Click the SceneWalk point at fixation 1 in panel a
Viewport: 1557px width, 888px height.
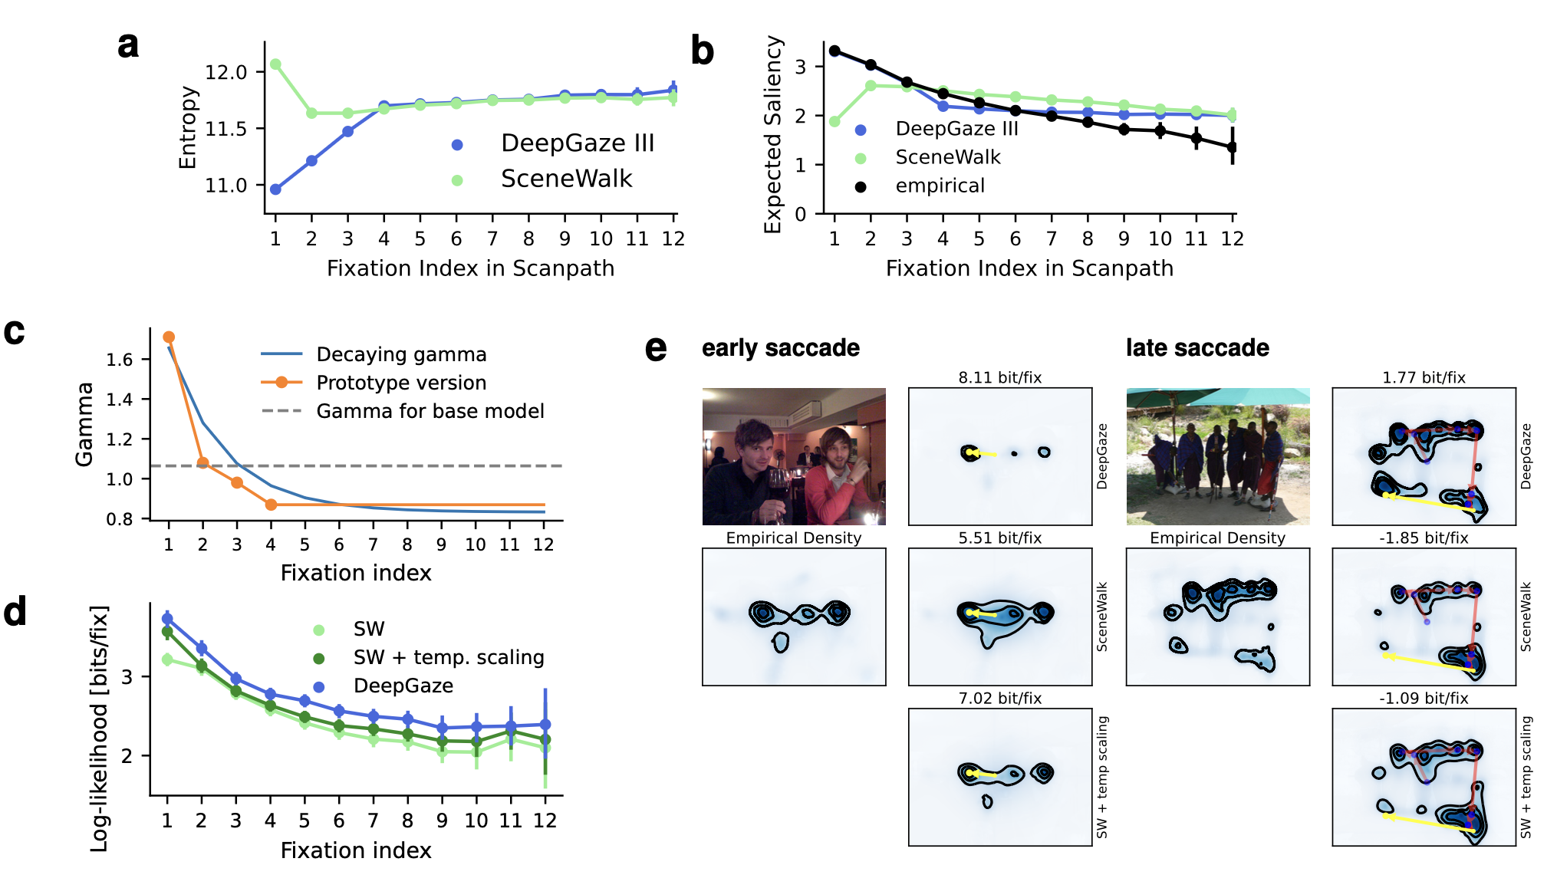pyautogui.click(x=275, y=64)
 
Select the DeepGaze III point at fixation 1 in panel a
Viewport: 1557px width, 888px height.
pyautogui.click(x=275, y=189)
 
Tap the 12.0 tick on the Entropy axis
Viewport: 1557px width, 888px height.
pyautogui.click(x=226, y=72)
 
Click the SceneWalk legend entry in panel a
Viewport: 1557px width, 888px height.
pyautogui.click(x=566, y=179)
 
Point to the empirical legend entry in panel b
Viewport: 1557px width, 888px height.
pyautogui.click(x=940, y=186)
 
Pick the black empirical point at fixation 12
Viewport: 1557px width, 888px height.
pyautogui.click(x=1232, y=147)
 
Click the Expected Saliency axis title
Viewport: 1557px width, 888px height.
pyautogui.click(x=773, y=134)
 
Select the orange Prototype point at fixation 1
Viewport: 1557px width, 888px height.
pyautogui.click(x=169, y=337)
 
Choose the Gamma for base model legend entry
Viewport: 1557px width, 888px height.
pyautogui.click(x=430, y=412)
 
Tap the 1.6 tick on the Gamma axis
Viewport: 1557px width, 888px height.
pyautogui.click(x=120, y=360)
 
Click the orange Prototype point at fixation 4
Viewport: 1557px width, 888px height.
pyautogui.click(x=271, y=505)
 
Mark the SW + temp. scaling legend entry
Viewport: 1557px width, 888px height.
pyautogui.click(x=448, y=658)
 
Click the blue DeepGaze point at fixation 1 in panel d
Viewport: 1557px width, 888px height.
pyautogui.click(x=167, y=619)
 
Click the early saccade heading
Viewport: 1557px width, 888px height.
pyautogui.click(x=780, y=348)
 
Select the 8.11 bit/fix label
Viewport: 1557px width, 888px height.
pyautogui.click(x=999, y=377)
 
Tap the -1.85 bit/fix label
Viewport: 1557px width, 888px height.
pyautogui.click(x=1423, y=538)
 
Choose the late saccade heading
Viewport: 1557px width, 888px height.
pyautogui.click(x=1197, y=348)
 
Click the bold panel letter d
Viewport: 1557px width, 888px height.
pyautogui.click(x=15, y=613)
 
